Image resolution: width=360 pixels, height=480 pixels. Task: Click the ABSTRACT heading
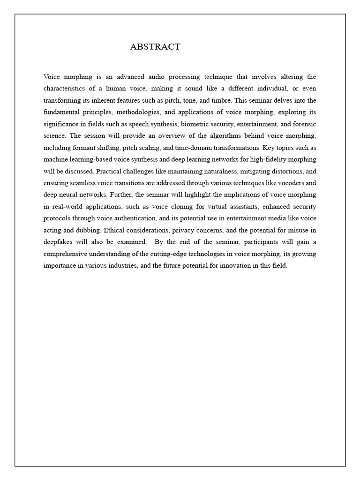tap(155, 46)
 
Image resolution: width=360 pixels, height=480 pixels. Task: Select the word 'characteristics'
tap(64, 88)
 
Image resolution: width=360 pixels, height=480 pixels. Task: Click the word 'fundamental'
tap(62, 112)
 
